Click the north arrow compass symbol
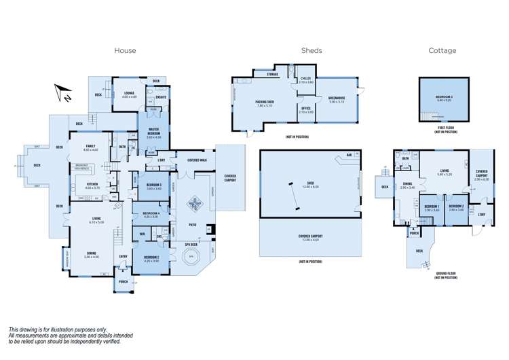click(63, 93)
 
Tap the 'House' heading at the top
click(125, 50)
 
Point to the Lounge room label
click(129, 93)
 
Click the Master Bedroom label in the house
click(153, 134)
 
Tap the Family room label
click(90, 147)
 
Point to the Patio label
click(193, 223)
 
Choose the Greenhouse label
click(337, 99)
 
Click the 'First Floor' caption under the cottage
click(445, 127)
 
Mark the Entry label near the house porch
click(123, 255)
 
